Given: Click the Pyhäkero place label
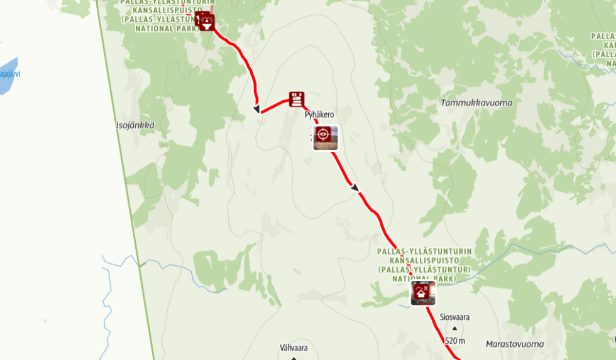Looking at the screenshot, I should (319, 115).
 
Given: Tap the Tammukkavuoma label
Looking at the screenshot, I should (476, 102).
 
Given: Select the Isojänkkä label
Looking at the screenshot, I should (135, 126).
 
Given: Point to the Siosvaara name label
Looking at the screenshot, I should (454, 317).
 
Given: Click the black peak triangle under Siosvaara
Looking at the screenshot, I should (454, 328).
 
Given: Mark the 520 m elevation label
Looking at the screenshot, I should (454, 341).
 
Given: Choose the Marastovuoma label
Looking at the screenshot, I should (515, 344).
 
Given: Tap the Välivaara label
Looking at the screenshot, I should (294, 347).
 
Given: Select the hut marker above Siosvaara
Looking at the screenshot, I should (423, 293).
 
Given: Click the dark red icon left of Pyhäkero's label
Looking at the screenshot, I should (297, 99).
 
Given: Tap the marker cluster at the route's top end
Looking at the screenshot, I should (205, 21).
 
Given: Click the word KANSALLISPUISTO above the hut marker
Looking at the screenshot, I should (424, 260).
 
